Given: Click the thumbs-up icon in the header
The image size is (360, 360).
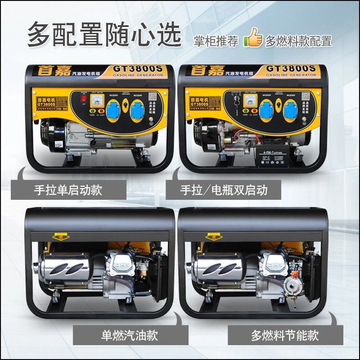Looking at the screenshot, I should pyautogui.click(x=254, y=38).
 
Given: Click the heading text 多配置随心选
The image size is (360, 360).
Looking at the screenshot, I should pyautogui.click(x=104, y=34).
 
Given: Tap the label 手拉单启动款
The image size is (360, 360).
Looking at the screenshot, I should pyautogui.click(x=68, y=189).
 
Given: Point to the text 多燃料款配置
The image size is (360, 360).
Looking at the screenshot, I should pyautogui.click(x=298, y=41).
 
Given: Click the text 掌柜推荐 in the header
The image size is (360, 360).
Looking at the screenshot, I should pyautogui.click(x=216, y=41).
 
